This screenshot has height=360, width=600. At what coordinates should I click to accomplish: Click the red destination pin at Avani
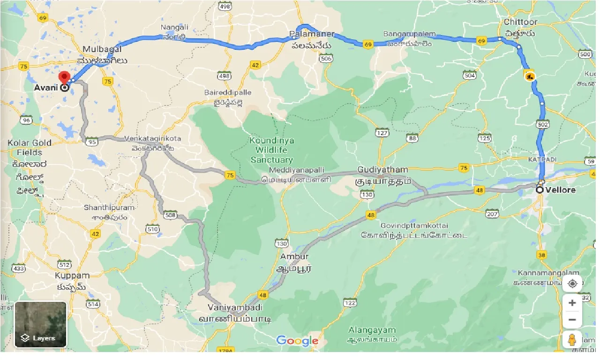pos(64,77)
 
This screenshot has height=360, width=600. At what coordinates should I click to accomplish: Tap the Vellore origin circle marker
pos(540,190)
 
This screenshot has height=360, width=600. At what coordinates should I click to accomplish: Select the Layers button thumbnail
pos(41,324)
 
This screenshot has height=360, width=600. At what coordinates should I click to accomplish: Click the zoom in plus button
pos(572,303)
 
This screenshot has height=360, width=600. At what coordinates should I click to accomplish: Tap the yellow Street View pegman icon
pos(572,340)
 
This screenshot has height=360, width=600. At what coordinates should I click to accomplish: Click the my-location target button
pos(572,284)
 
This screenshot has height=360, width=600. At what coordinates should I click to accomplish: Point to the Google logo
pos(297,341)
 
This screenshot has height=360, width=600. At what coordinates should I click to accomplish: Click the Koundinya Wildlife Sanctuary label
pos(271,150)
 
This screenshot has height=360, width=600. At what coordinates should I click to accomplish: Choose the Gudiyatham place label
pos(382,169)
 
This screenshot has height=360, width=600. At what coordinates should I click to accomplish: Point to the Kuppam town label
pos(71,275)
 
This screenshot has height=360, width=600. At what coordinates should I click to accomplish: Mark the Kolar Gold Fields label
pos(29,148)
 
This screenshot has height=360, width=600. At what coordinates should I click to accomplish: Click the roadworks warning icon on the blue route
pos(529,75)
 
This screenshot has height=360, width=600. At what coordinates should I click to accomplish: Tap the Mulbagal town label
pos(102,49)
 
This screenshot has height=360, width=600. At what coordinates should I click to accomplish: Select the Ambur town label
pos(294,256)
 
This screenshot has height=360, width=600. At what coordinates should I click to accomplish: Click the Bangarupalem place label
pos(409,35)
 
